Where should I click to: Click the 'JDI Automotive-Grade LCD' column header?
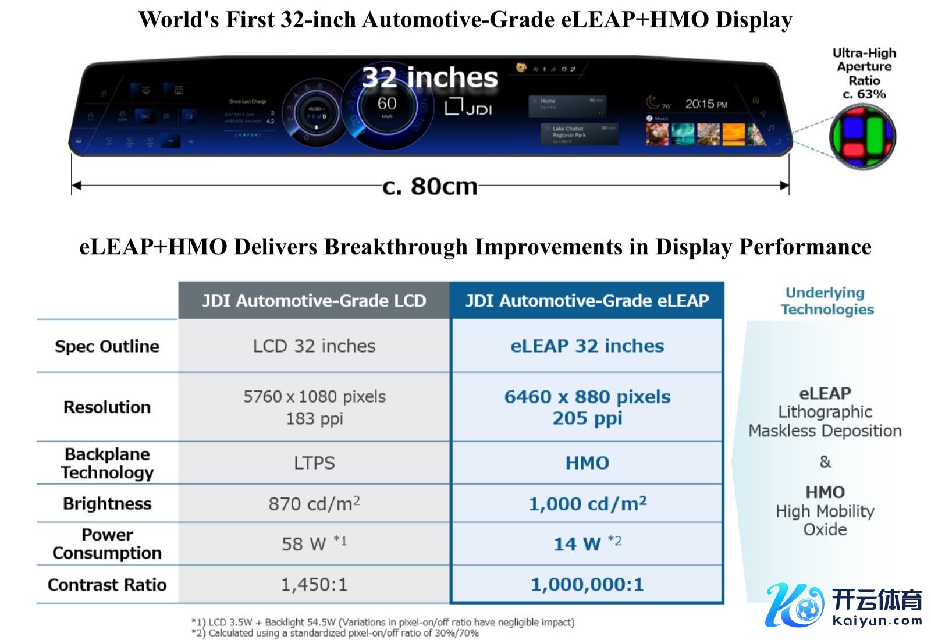[x=314, y=301]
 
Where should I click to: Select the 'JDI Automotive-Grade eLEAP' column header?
[x=587, y=301]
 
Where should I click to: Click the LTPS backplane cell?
[x=314, y=463]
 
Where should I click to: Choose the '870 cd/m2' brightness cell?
[x=314, y=504]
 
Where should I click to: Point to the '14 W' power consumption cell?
[x=587, y=544]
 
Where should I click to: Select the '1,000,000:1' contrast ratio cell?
[x=587, y=584]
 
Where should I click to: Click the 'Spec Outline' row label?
[x=107, y=347]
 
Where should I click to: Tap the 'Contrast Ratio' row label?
[x=107, y=585]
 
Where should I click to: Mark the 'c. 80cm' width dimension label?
[x=429, y=187]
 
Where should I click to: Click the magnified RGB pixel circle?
[x=862, y=137]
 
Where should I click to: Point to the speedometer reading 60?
[x=387, y=105]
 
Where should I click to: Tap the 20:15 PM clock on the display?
[x=706, y=104]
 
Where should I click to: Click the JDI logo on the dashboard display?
[x=468, y=108]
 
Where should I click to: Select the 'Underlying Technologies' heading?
[x=827, y=301]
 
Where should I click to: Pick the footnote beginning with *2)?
[x=335, y=633]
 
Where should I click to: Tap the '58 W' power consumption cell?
[x=314, y=544]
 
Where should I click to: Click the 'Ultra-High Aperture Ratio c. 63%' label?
[x=864, y=74]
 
